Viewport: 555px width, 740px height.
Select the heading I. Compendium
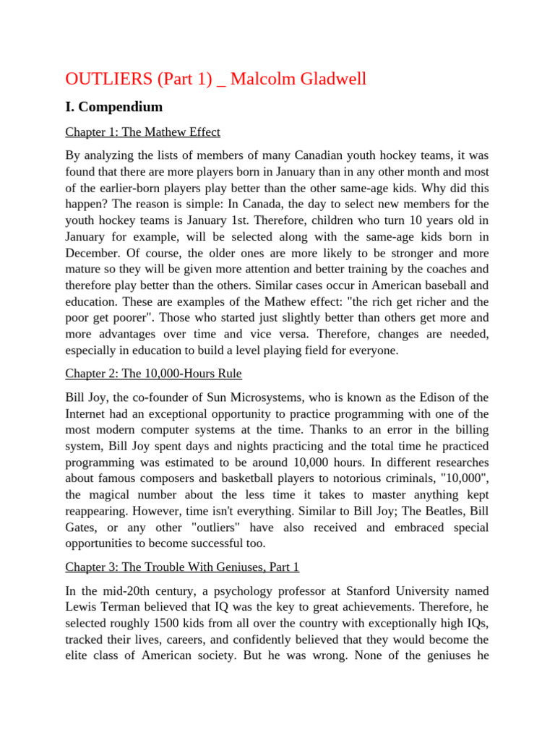click(114, 107)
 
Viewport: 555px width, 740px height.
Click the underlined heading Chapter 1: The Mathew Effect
click(142, 132)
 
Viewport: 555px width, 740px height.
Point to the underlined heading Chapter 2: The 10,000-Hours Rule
click(153, 374)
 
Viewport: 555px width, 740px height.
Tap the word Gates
click(82, 527)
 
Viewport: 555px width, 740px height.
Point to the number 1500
click(170, 623)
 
